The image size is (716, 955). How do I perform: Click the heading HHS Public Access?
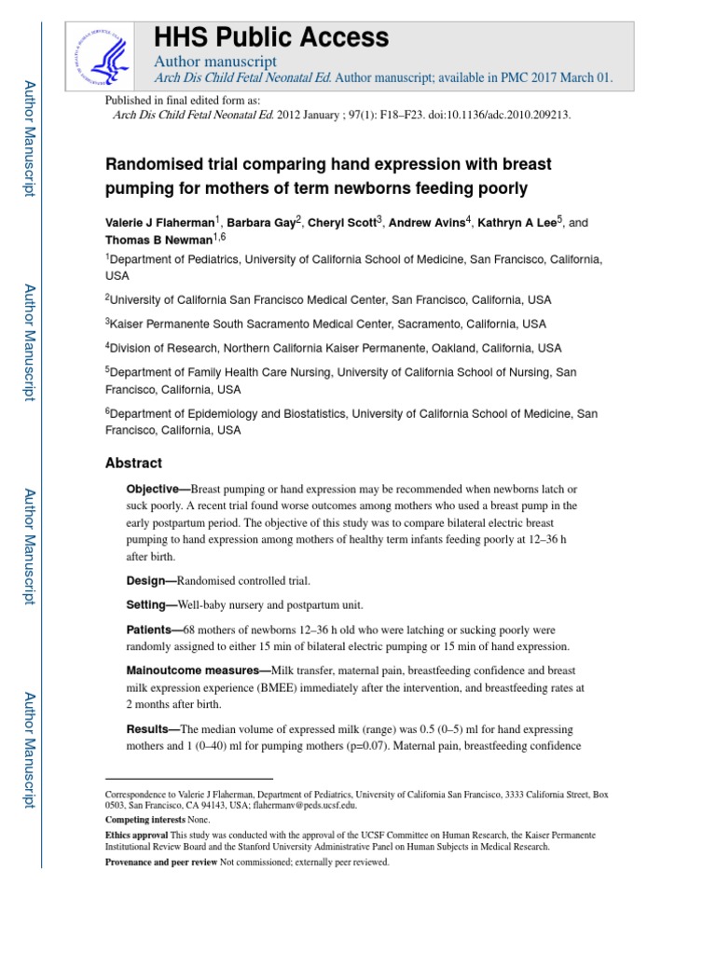(x=270, y=37)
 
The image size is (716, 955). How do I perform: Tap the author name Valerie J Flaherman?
(x=159, y=223)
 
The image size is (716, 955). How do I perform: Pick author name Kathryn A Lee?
(x=511, y=223)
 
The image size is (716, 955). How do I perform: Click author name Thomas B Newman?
(x=159, y=240)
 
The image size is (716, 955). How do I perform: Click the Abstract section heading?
(x=133, y=463)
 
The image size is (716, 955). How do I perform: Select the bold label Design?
(x=147, y=580)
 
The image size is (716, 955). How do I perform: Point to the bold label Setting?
(x=148, y=604)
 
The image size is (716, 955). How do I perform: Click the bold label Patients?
(x=151, y=630)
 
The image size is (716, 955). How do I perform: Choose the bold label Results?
(x=149, y=728)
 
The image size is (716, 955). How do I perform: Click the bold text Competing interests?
(x=145, y=820)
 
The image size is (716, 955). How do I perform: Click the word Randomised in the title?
(x=157, y=165)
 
